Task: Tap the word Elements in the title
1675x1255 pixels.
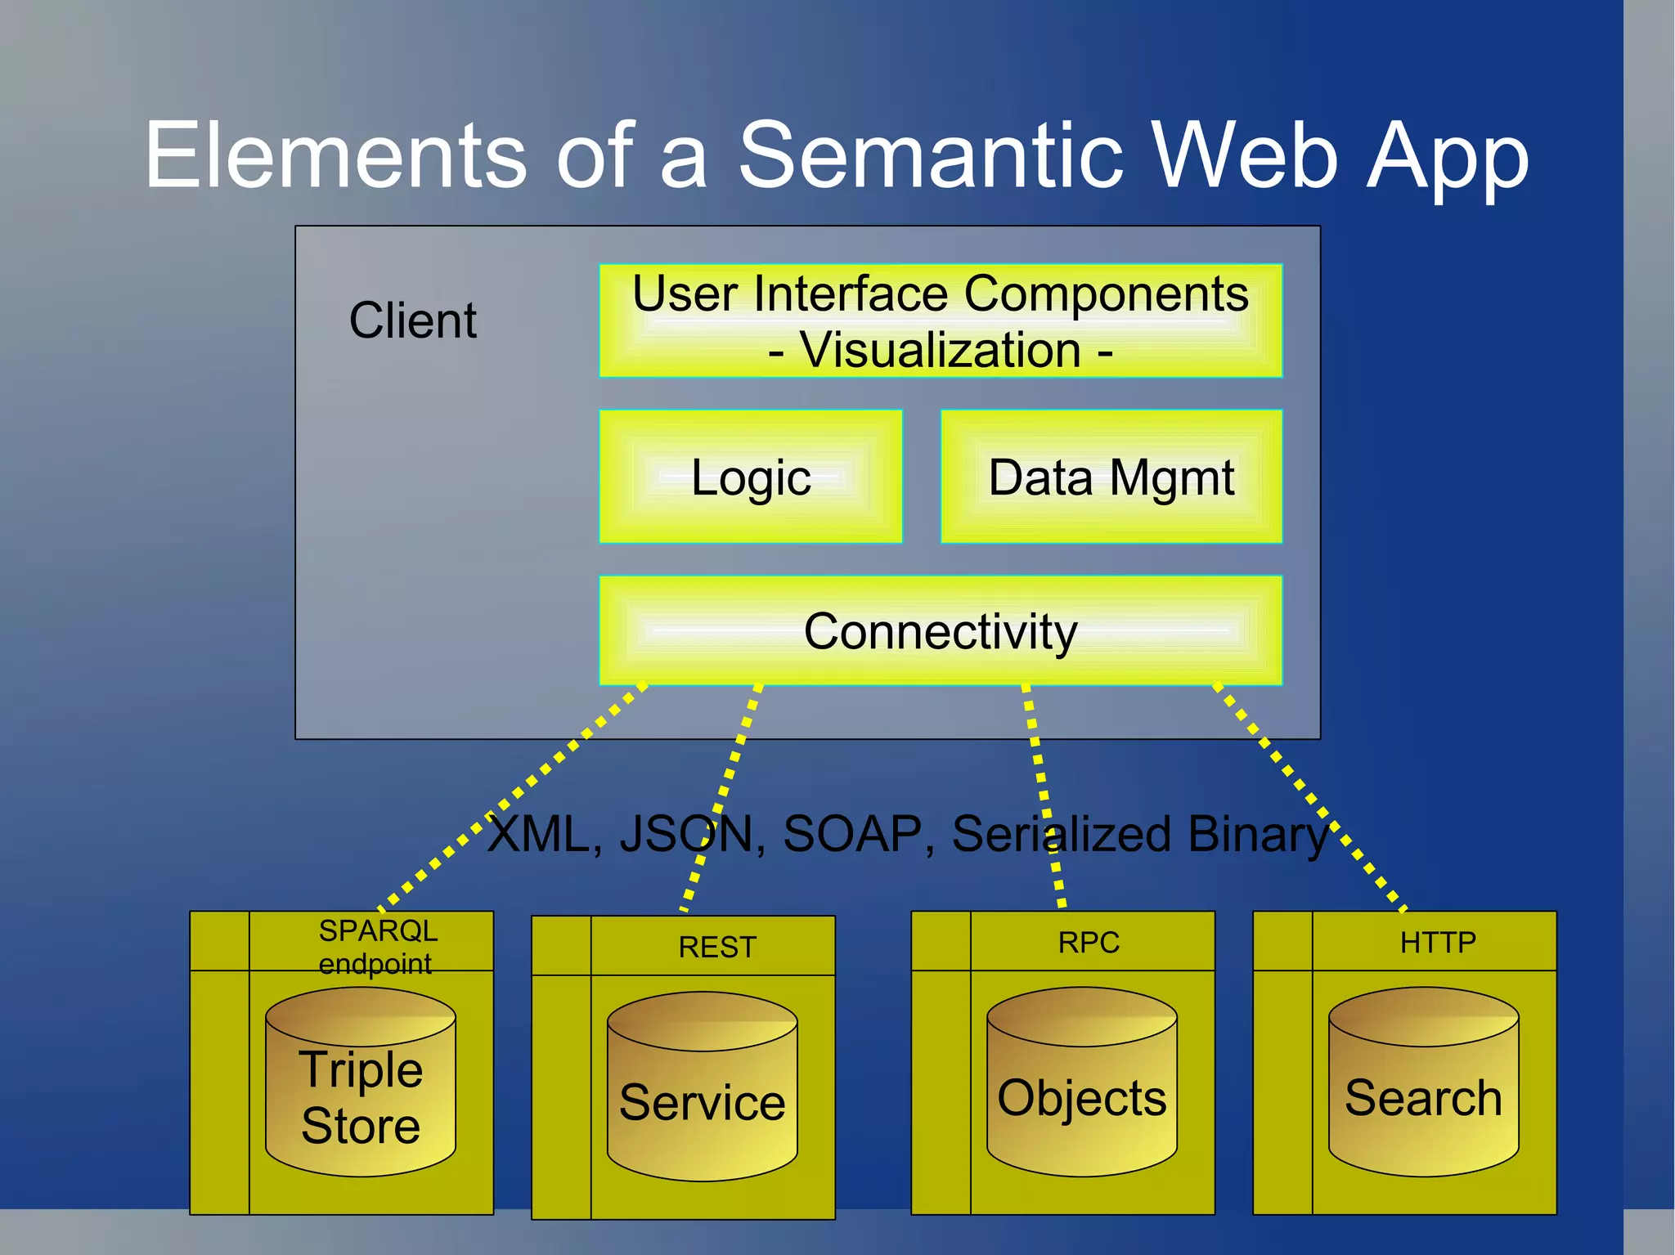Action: pyautogui.click(x=335, y=155)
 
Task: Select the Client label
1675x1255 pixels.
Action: pyautogui.click(x=412, y=320)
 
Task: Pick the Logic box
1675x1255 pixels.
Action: pyautogui.click(x=751, y=477)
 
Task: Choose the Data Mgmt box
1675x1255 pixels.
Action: pyautogui.click(x=1111, y=477)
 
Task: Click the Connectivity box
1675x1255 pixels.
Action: pyautogui.click(x=941, y=630)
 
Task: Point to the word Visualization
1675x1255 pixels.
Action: pyautogui.click(x=941, y=351)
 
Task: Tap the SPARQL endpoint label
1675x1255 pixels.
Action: pyautogui.click(x=377, y=947)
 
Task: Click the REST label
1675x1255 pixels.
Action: pyautogui.click(x=717, y=947)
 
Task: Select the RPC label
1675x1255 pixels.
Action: pyautogui.click(x=1089, y=943)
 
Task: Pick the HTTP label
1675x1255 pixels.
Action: pyautogui.click(x=1438, y=943)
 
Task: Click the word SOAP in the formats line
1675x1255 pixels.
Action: pyautogui.click(x=852, y=834)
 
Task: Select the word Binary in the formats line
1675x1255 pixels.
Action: pyautogui.click(x=1258, y=834)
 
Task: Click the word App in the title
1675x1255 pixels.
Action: pyautogui.click(x=1448, y=155)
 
